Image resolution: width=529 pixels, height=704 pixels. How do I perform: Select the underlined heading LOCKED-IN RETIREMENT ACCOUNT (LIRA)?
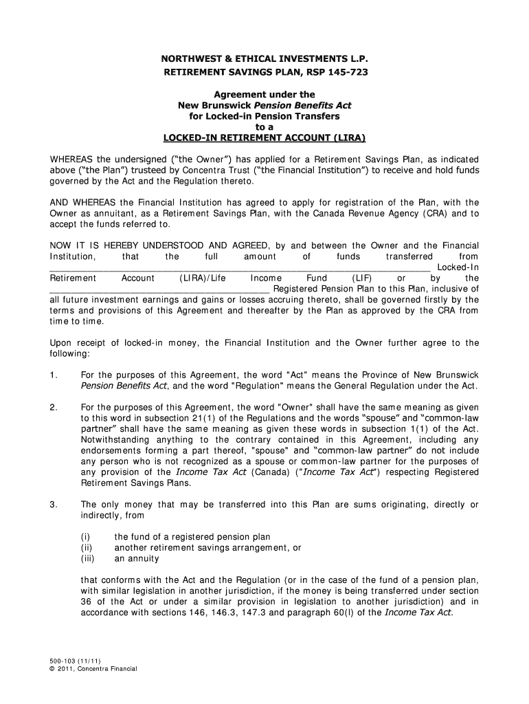tap(264, 137)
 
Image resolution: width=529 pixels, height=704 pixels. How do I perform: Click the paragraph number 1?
tap(54, 375)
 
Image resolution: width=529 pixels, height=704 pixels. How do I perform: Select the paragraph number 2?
tap(54, 408)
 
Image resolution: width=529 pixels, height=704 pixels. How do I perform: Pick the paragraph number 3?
tap(54, 505)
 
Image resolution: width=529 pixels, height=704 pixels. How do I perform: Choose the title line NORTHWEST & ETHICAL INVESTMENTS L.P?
tap(264, 59)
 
